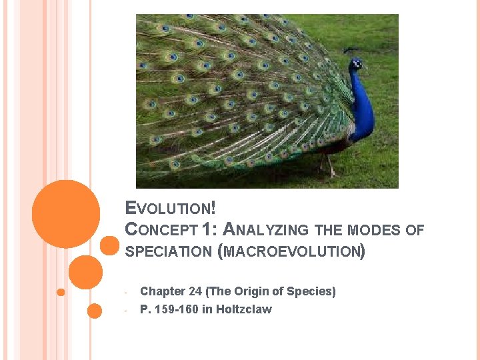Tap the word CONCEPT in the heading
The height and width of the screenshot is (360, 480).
point(161,230)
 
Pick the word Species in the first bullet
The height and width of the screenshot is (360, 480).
point(311,291)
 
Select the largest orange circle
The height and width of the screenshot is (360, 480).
point(66,213)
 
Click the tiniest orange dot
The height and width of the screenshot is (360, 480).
point(61,292)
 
